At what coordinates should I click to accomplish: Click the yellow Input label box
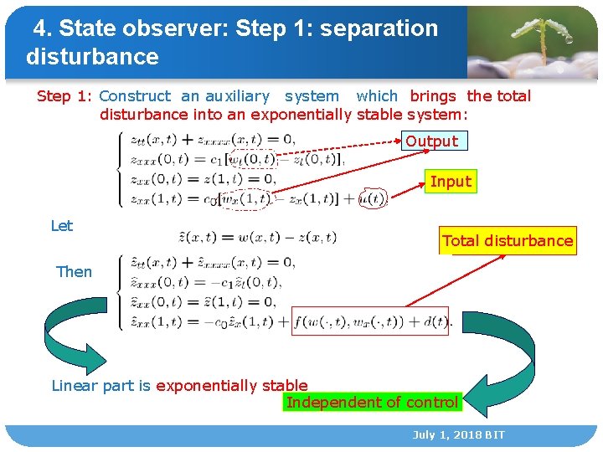point(451,182)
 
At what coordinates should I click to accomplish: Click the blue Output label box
point(432,141)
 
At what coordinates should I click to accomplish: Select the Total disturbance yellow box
point(508,241)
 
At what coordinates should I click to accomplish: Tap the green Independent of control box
point(372,403)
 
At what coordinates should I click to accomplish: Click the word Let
point(62,226)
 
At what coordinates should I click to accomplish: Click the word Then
point(74,272)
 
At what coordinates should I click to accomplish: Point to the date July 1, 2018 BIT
point(458,435)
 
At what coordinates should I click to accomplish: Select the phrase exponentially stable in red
point(231,386)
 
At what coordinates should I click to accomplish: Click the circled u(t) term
point(371,199)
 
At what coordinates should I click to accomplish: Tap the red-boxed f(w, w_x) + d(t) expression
point(370,321)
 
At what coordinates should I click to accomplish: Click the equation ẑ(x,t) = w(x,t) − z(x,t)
point(258,238)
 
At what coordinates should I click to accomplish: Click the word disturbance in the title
point(92,57)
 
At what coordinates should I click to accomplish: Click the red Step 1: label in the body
point(64,96)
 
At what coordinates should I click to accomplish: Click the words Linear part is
point(101,386)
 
